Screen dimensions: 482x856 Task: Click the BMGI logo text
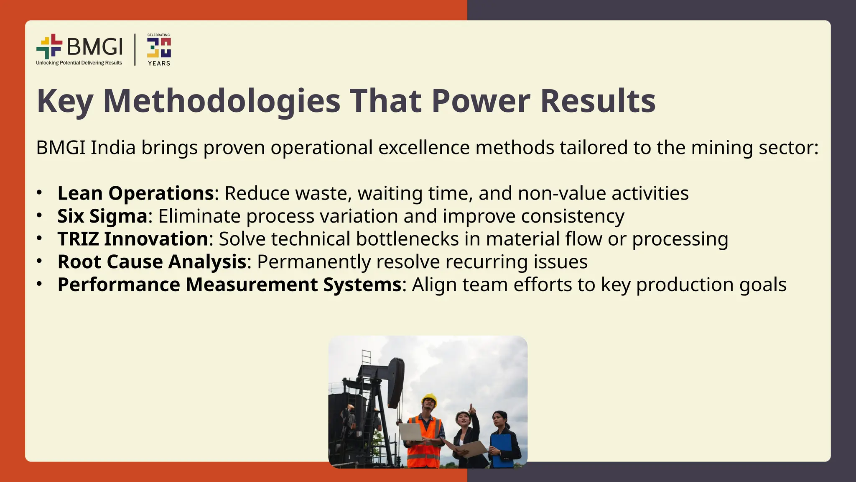coord(95,46)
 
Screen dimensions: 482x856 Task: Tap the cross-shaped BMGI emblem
coord(49,46)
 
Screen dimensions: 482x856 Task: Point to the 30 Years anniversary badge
coord(159,49)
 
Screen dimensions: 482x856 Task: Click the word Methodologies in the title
coord(222,101)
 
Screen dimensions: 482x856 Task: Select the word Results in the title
coord(598,101)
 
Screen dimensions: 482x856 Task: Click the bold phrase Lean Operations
coord(136,193)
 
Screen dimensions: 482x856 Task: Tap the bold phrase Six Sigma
coord(102,216)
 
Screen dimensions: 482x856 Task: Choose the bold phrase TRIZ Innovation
coord(133,239)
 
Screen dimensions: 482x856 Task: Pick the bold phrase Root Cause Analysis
coord(152,262)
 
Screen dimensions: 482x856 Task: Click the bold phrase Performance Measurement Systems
coord(229,285)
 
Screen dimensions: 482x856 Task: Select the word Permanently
coord(313,262)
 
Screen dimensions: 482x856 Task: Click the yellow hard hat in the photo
coord(429,399)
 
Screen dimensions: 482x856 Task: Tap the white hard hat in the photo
coord(462,413)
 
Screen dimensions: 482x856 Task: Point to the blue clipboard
coord(502,450)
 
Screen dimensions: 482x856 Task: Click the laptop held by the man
coord(411,432)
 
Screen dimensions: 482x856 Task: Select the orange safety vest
coord(425,444)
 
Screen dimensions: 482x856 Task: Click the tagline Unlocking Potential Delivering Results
coord(79,63)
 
